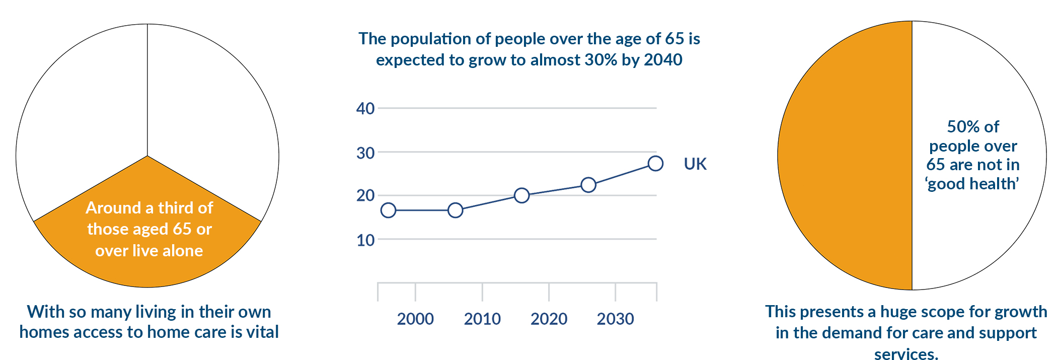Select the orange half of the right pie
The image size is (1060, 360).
(846, 156)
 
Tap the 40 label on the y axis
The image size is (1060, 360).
(365, 108)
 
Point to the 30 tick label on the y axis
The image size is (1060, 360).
(365, 153)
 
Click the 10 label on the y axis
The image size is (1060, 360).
(365, 240)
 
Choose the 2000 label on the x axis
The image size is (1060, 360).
(415, 319)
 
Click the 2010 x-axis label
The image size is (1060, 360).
(482, 319)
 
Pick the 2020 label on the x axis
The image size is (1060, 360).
(549, 319)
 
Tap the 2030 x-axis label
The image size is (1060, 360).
(615, 319)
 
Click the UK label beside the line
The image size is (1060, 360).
(695, 164)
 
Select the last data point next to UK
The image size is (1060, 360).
(655, 163)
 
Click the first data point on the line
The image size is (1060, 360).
(388, 210)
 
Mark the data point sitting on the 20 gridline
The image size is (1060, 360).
(522, 195)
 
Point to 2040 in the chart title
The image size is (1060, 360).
(663, 60)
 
